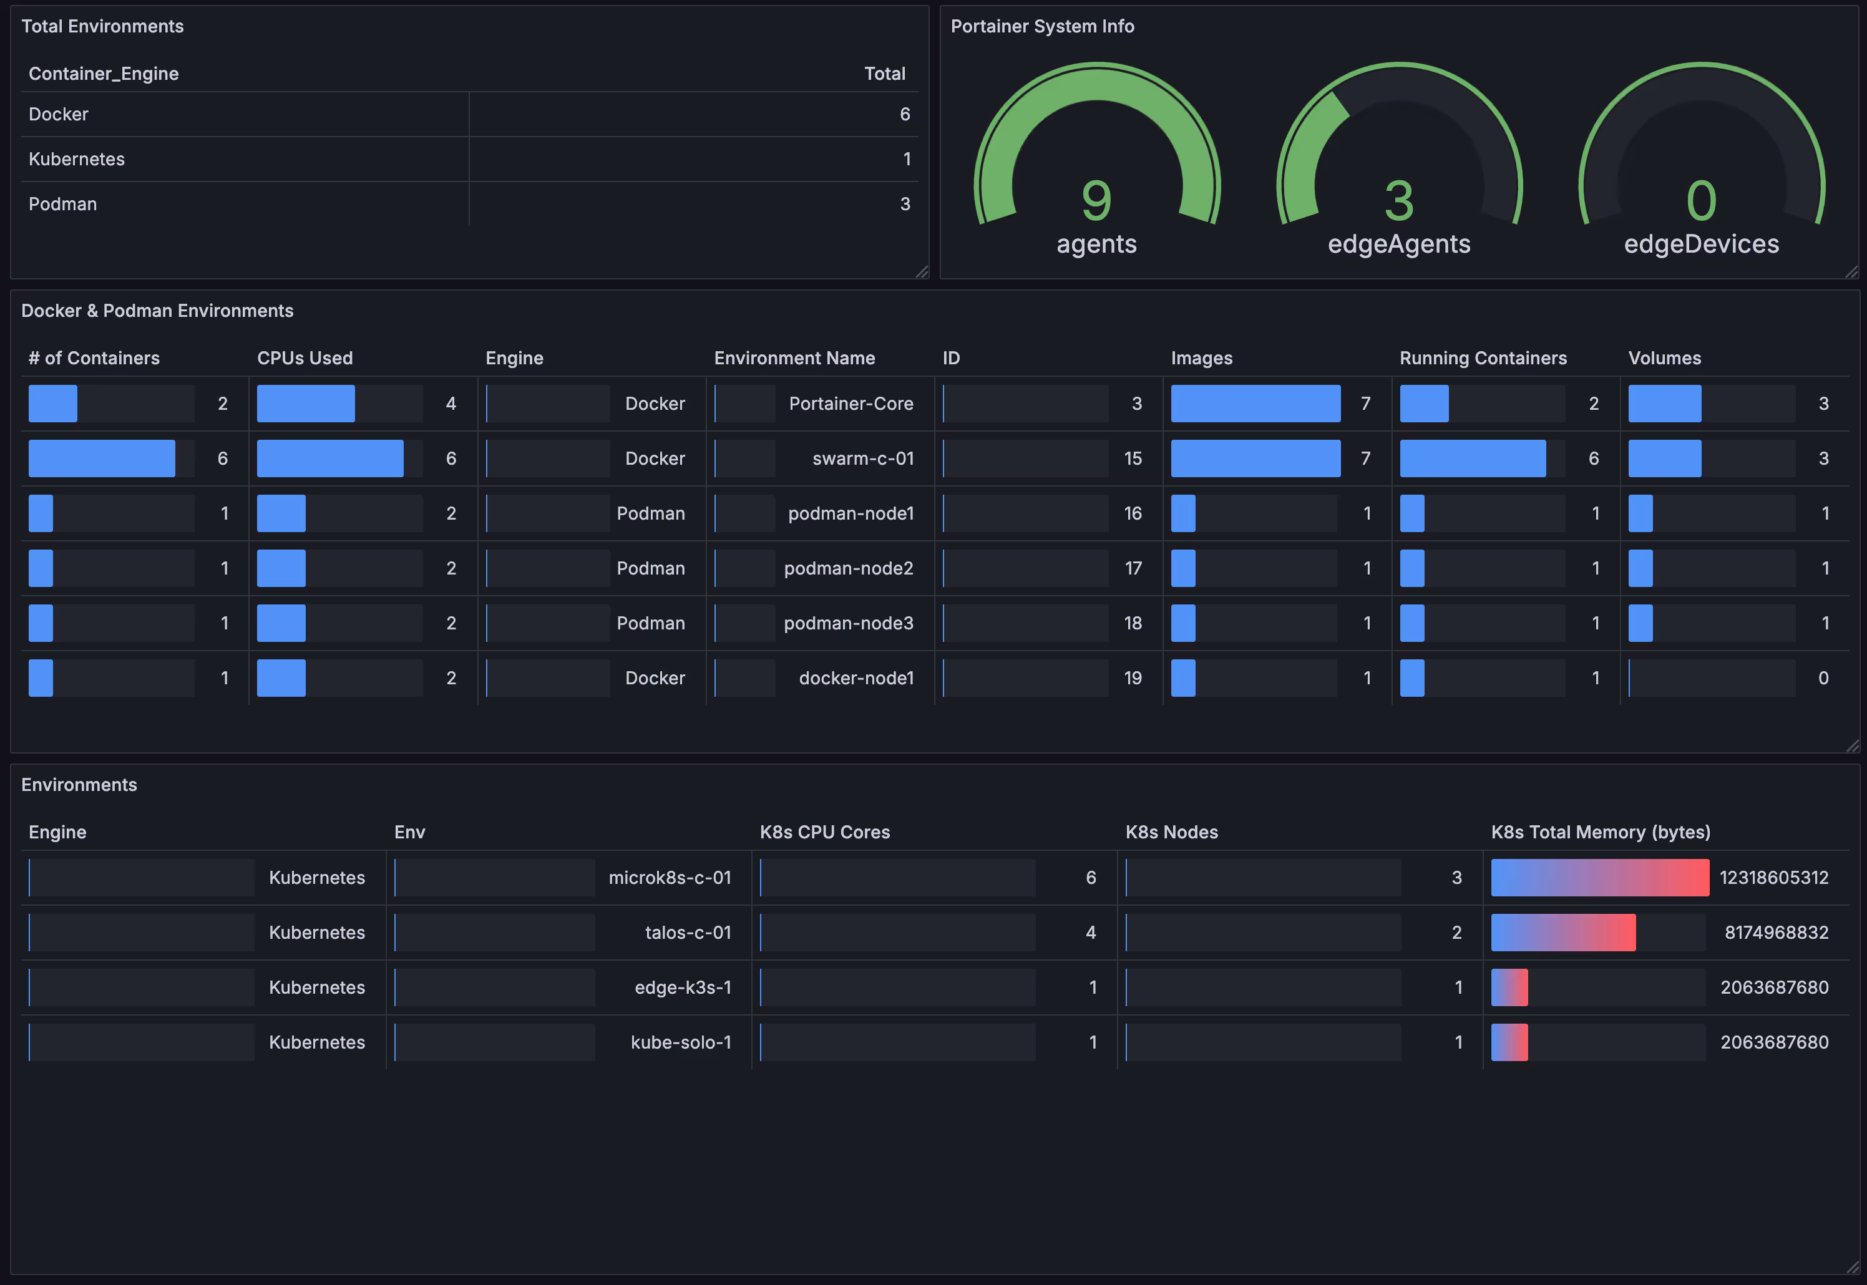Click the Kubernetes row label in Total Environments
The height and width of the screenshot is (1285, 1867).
(77, 160)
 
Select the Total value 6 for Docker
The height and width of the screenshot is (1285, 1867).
(905, 114)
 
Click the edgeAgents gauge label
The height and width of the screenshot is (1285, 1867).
(1399, 244)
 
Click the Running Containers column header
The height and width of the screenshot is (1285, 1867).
(1483, 358)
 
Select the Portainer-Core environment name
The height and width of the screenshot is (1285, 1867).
(851, 404)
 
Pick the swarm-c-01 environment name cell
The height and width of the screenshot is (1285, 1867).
(862, 458)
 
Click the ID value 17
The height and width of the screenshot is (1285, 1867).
(1133, 568)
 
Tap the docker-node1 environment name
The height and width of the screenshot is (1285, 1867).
(856, 678)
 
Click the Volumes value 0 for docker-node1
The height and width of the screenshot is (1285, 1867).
(1823, 678)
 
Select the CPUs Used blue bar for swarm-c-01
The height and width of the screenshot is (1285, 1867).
(330, 458)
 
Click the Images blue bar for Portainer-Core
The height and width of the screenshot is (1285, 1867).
(1255, 404)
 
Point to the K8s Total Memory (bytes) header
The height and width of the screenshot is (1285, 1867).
(1601, 833)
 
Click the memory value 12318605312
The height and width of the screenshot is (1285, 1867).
(1773, 878)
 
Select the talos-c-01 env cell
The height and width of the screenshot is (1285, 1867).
(688, 933)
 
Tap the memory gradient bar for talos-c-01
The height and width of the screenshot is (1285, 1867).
(1562, 933)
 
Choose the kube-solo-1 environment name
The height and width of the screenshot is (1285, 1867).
(681, 1042)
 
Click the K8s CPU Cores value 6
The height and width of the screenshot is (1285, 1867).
(1091, 878)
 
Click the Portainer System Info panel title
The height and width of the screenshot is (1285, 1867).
(1042, 27)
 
